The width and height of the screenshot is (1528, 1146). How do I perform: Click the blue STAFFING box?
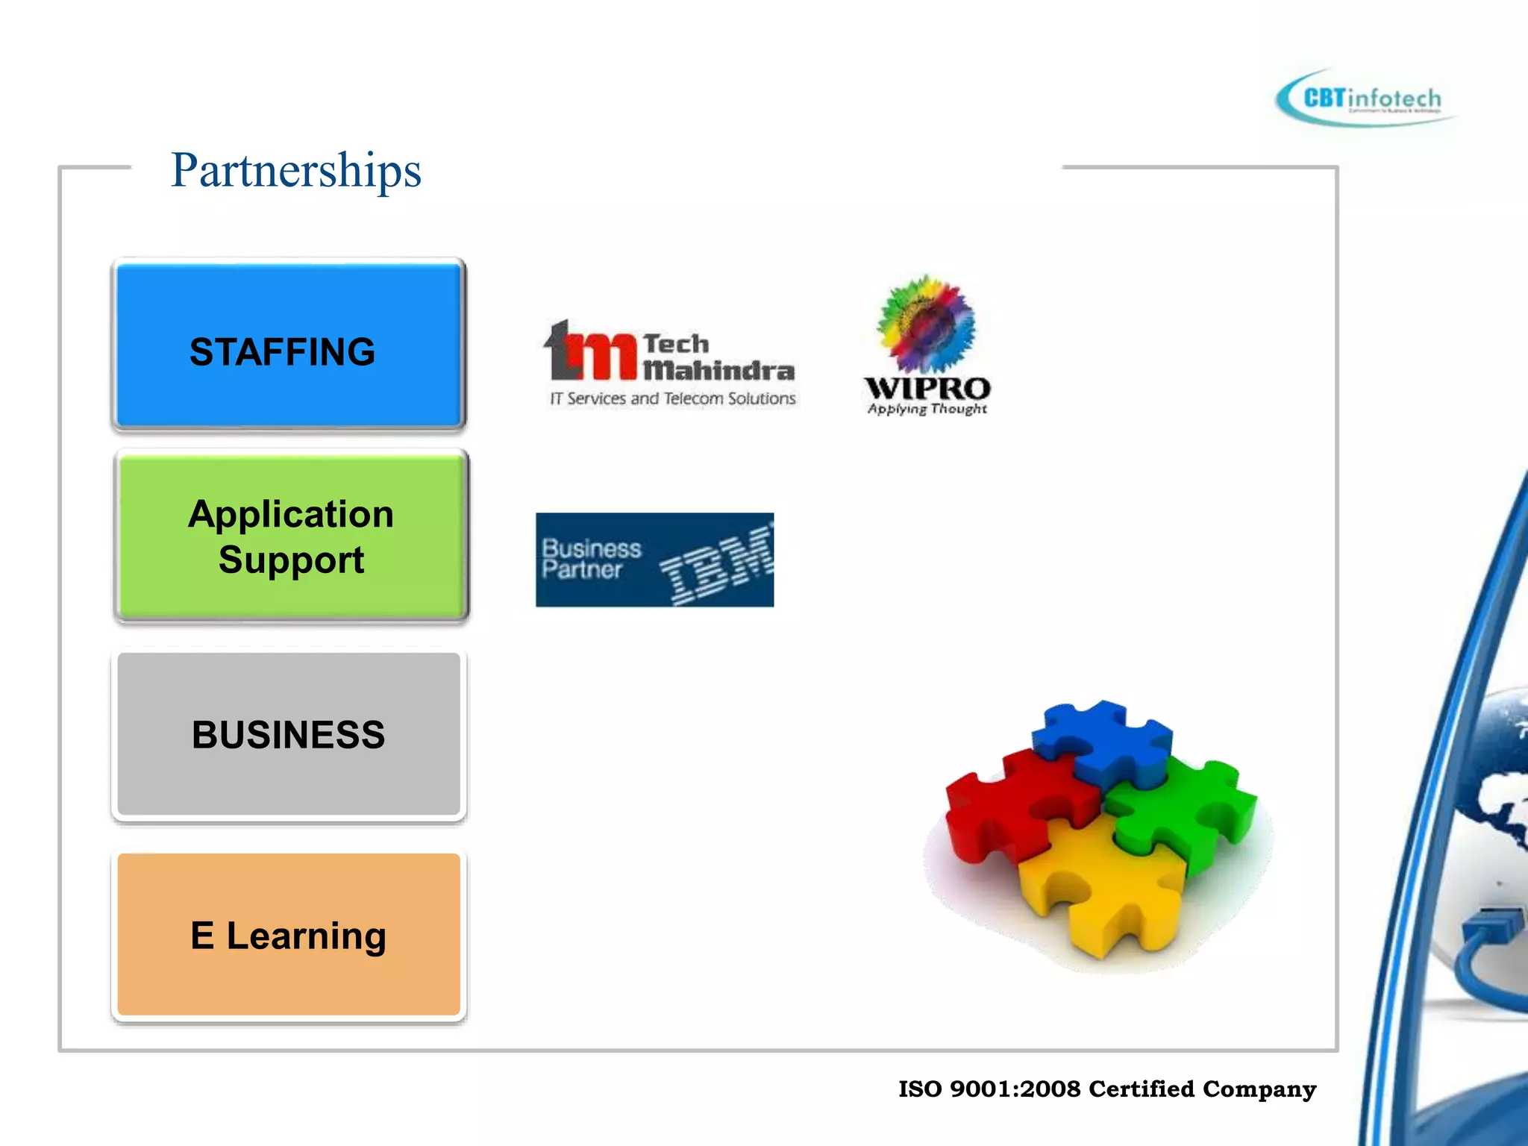pos(289,345)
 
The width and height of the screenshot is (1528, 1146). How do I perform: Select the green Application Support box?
pos(291,536)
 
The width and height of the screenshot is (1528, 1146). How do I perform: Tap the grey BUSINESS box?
pos(289,735)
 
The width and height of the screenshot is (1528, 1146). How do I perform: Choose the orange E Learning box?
pos(289,935)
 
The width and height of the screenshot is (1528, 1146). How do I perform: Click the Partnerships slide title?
pos(296,170)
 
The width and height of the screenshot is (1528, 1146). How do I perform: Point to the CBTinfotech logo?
pos(1365,99)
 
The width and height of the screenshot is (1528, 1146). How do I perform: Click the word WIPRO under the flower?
pos(927,388)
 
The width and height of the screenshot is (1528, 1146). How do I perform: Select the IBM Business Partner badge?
pos(654,560)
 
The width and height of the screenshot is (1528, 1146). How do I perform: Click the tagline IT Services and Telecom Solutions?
pos(673,398)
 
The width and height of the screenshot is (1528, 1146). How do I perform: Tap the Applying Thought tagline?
pos(927,409)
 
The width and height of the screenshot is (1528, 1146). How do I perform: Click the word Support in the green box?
pos(291,560)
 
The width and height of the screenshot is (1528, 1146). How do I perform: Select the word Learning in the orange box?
pos(306,936)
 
